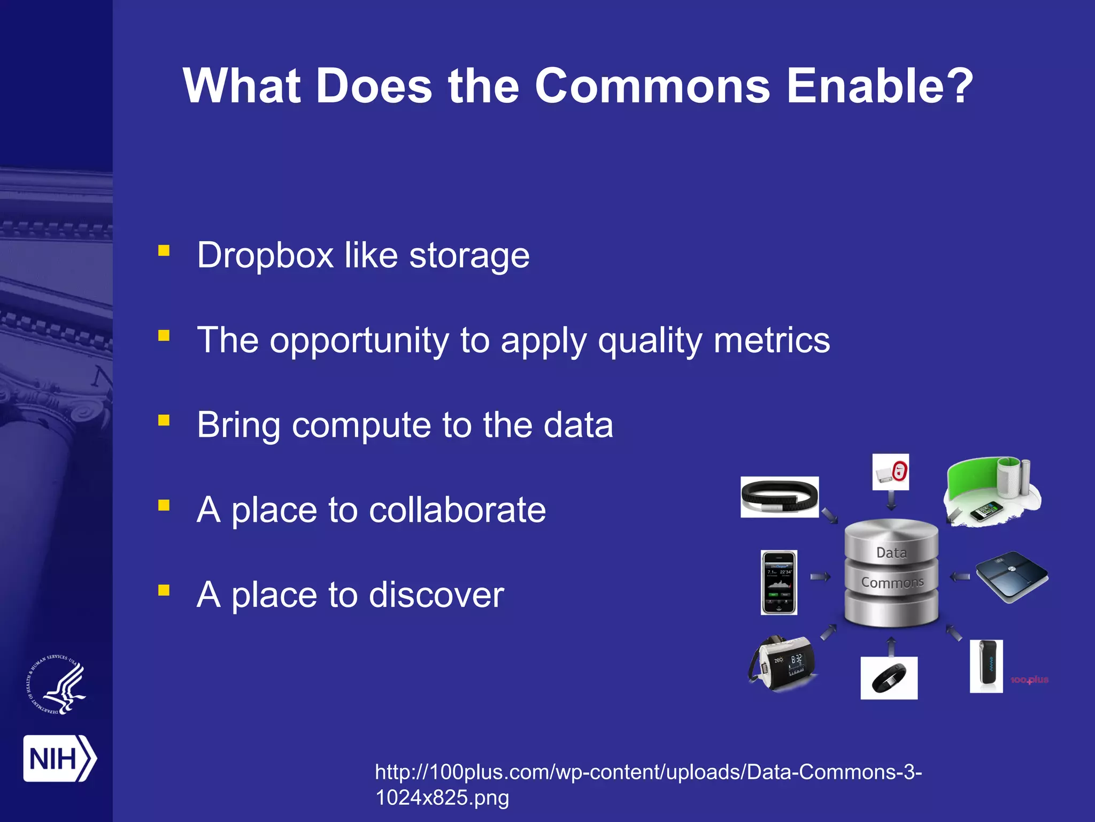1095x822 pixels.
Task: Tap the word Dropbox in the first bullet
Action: tap(265, 255)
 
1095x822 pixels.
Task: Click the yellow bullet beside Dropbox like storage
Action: tap(164, 250)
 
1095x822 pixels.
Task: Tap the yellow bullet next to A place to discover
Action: tap(164, 590)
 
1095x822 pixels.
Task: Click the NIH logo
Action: tap(59, 758)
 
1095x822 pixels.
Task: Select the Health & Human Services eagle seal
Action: tap(57, 684)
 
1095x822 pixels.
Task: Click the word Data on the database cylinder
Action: tap(891, 553)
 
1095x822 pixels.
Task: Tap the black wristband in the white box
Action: tap(779, 497)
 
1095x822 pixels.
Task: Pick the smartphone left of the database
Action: tap(779, 582)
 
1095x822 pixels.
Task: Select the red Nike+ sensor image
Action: tap(891, 472)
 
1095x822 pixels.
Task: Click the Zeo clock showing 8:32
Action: tap(783, 664)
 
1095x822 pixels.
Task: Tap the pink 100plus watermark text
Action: tap(1029, 680)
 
